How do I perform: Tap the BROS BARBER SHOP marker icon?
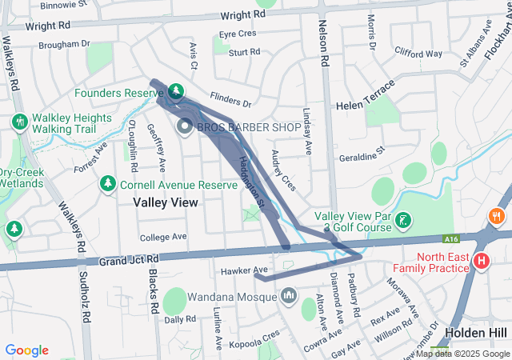click(x=184, y=126)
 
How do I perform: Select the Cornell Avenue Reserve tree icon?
click(x=106, y=184)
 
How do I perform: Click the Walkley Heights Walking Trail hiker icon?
click(x=19, y=122)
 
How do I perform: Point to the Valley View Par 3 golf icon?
click(x=405, y=219)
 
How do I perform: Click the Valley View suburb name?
click(x=166, y=203)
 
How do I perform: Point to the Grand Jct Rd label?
click(x=130, y=260)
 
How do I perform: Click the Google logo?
click(x=27, y=350)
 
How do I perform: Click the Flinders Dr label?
click(x=234, y=102)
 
